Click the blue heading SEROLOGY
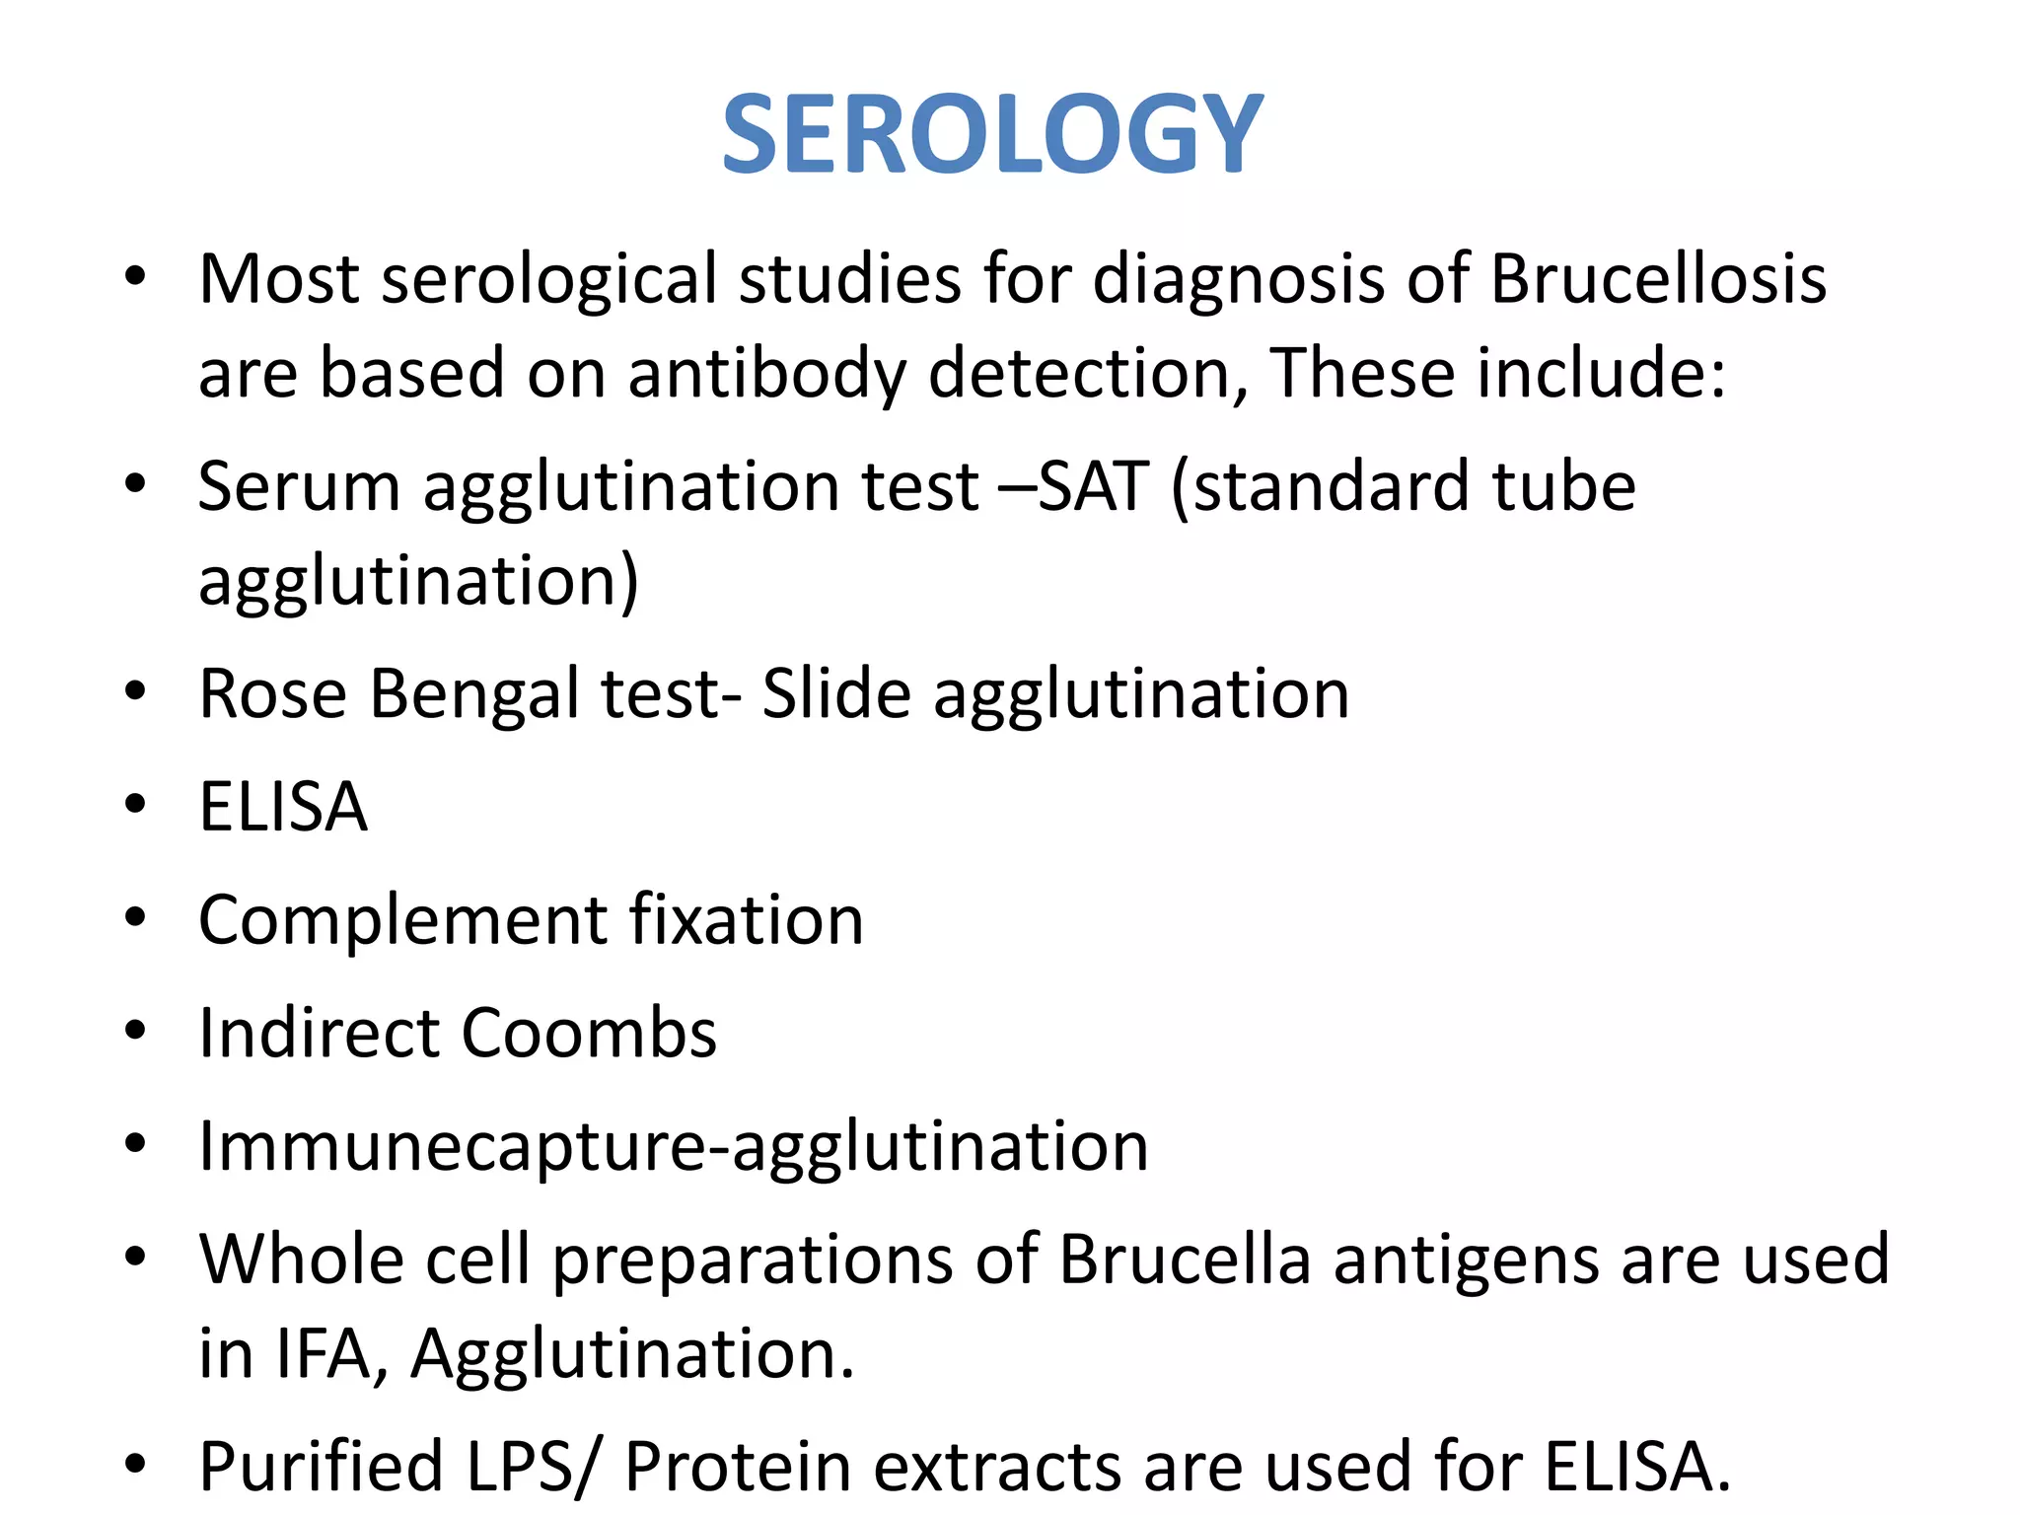point(992,134)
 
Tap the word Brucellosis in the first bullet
point(1658,279)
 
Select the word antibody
point(766,374)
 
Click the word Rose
point(272,693)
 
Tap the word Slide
point(836,693)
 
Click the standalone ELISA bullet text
point(283,807)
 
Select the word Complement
point(402,921)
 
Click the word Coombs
point(589,1033)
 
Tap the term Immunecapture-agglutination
point(674,1147)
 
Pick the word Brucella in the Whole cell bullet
point(1185,1260)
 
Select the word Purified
point(321,1467)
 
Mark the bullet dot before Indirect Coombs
point(135,1032)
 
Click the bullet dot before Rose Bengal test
point(135,692)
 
